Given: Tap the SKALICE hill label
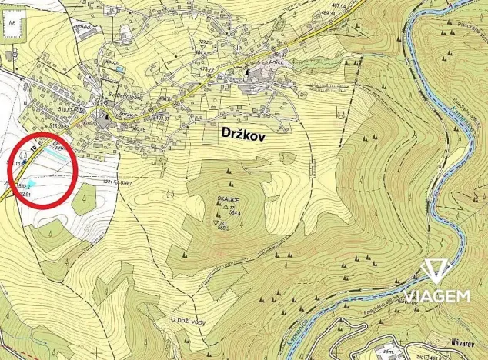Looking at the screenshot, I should point(229,198).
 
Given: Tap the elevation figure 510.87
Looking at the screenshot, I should point(63,110).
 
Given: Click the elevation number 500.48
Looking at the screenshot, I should point(137,128).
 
